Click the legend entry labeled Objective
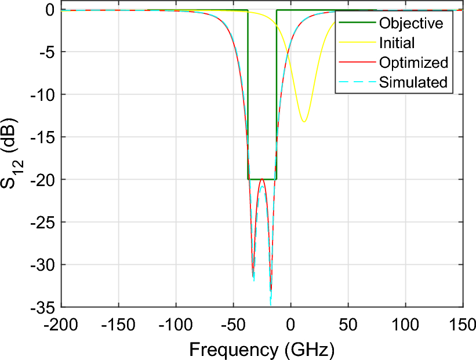tap(410, 23)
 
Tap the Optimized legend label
tap(413, 63)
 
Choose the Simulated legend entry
tap(413, 82)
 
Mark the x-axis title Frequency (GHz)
tap(261, 349)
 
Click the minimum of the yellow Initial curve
tap(304, 122)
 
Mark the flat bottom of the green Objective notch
tap(262, 180)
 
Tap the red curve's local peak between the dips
tap(262, 179)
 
